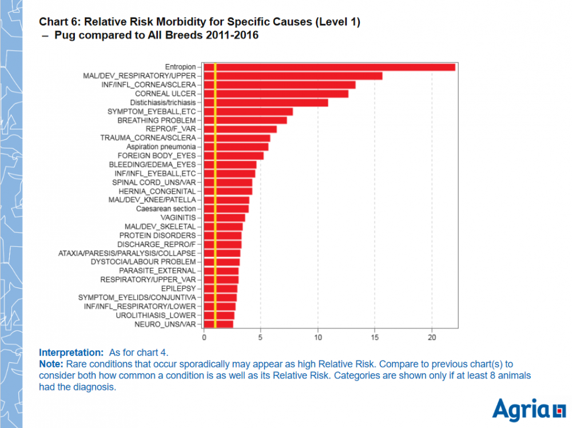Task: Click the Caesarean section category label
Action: point(165,209)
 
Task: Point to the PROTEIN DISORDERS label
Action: point(157,235)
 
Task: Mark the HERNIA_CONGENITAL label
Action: point(157,191)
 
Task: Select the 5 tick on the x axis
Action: point(261,337)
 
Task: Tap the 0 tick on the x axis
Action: point(204,337)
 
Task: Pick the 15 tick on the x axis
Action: point(375,337)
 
